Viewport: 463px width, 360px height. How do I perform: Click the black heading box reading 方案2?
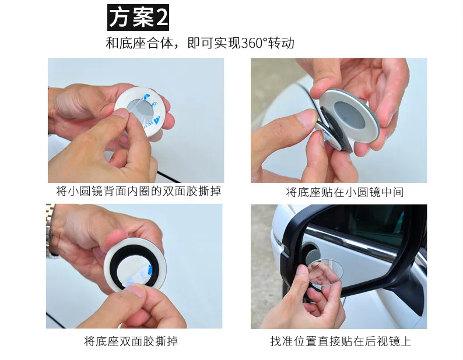[x=138, y=17]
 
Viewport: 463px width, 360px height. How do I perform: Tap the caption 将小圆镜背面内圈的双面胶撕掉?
[x=138, y=191]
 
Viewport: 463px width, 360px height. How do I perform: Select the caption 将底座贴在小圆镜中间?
[x=345, y=192]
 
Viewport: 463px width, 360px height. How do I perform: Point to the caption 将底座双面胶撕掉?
[x=131, y=341]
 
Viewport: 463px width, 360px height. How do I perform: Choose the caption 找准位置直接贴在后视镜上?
[x=341, y=341]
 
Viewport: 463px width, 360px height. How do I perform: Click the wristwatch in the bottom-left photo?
[x=51, y=230]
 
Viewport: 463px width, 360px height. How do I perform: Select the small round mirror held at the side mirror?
[x=326, y=276]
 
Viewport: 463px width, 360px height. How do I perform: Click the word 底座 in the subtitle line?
[x=133, y=43]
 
